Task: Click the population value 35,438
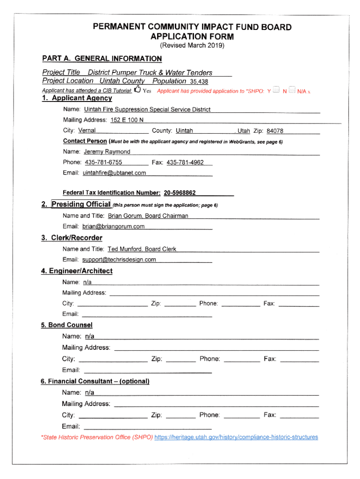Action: pos(199,81)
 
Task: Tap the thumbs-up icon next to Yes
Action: pos(137,89)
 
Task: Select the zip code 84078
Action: pos(275,131)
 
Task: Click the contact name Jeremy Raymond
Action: pos(107,152)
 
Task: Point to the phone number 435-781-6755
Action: pos(103,162)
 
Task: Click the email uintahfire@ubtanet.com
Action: pos(114,173)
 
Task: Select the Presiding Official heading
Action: pos(81,204)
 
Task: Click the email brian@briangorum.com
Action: pos(114,226)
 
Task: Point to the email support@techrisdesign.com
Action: pos(119,260)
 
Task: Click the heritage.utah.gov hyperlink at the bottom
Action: pos(236,437)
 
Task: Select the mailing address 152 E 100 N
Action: pos(127,120)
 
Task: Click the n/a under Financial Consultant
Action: pos(89,392)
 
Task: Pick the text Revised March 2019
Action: pos(192,45)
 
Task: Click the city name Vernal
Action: pos(87,131)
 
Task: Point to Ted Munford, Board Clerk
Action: pos(142,249)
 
